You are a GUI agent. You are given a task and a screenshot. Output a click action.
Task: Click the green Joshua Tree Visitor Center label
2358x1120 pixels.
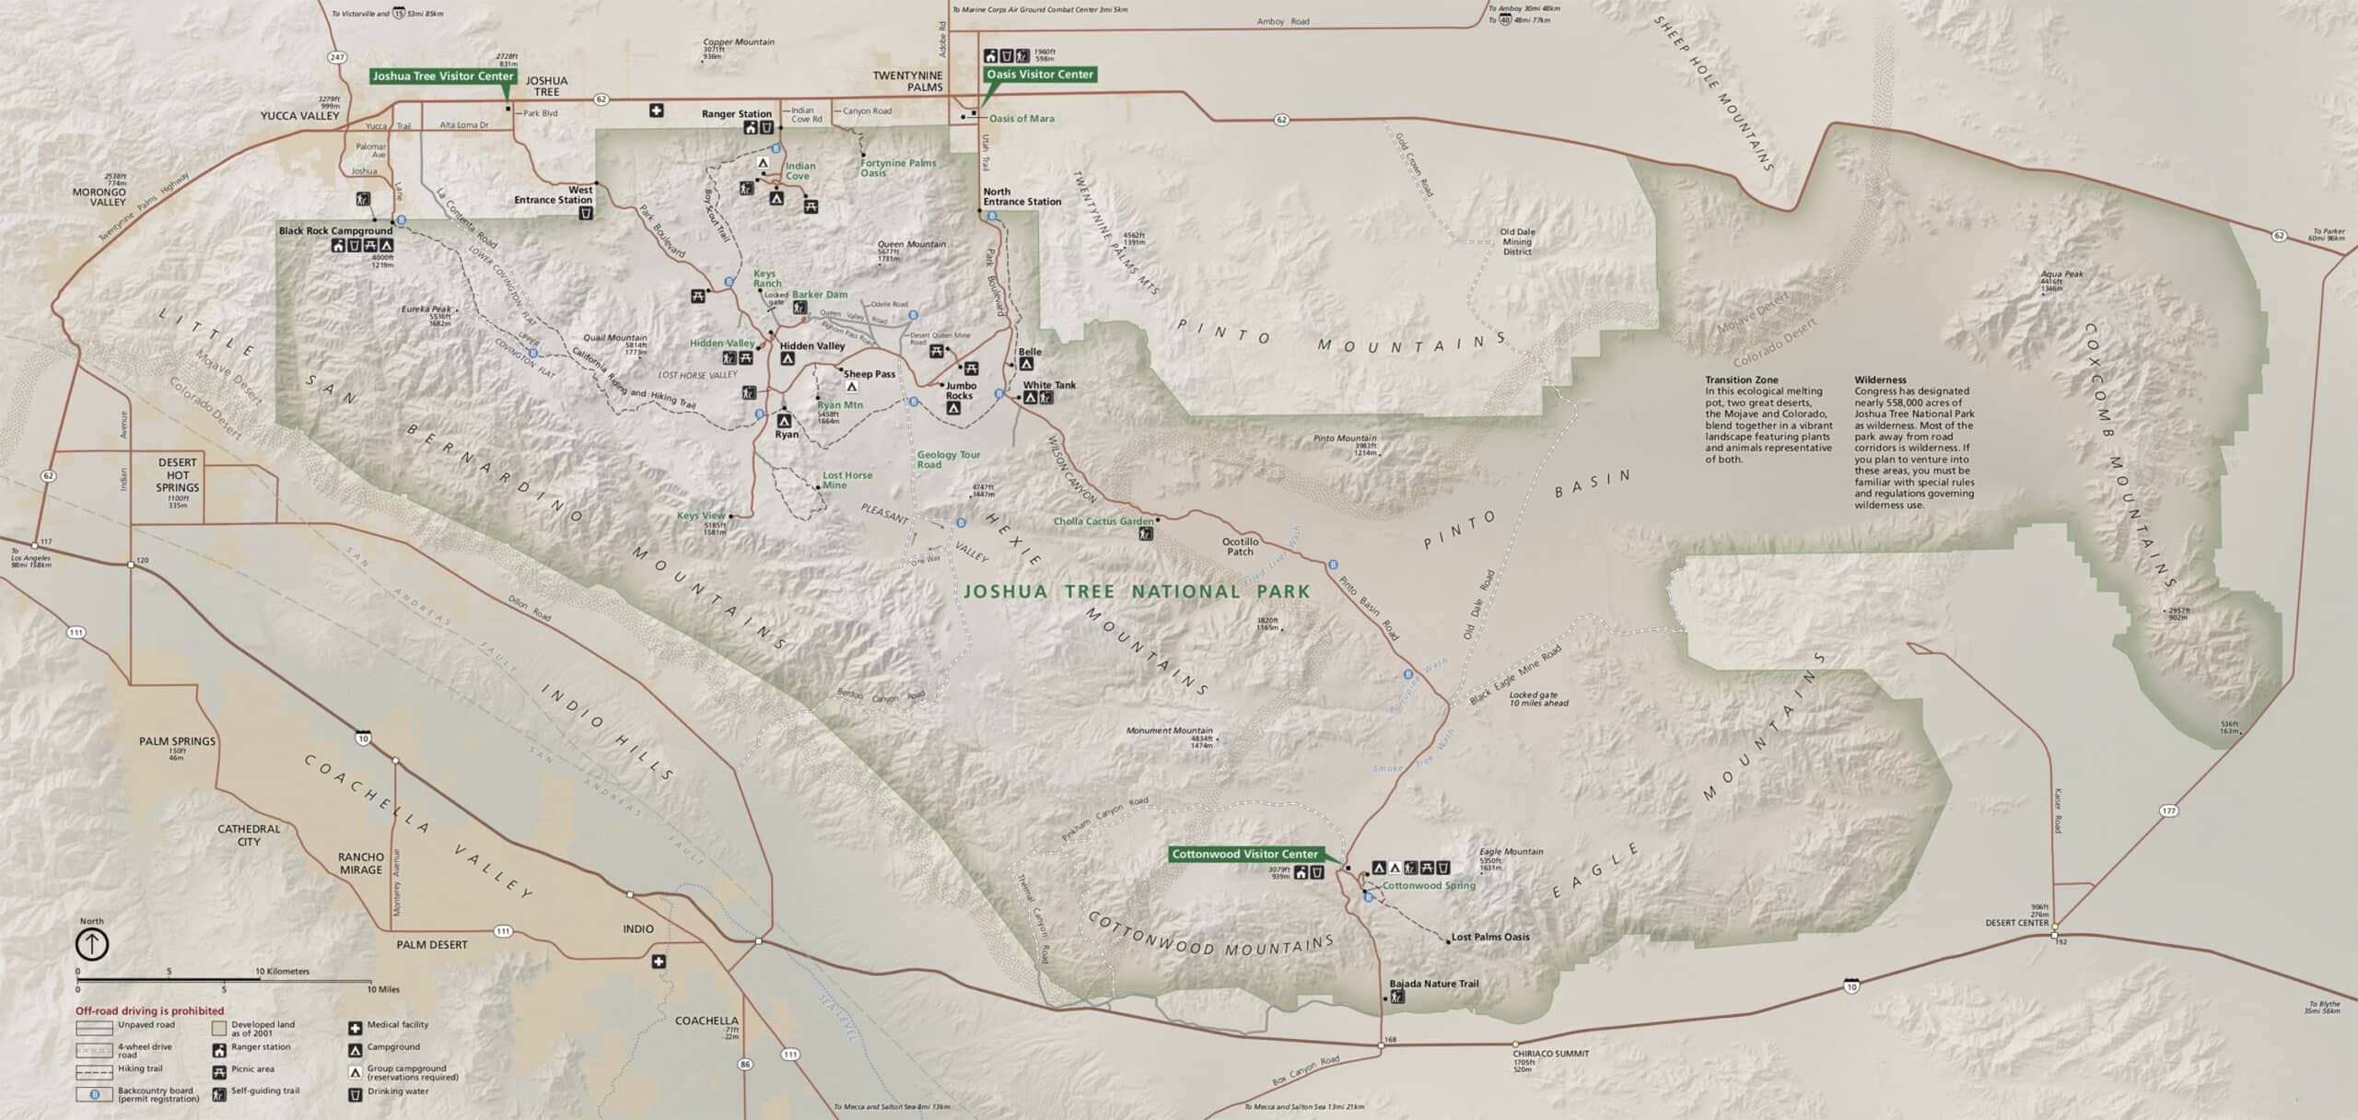pyautogui.click(x=442, y=76)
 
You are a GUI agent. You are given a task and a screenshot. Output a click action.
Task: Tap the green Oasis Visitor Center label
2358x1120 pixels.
pyautogui.click(x=1039, y=75)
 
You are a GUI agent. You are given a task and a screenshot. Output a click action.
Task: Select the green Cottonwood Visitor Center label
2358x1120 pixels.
pyautogui.click(x=1244, y=854)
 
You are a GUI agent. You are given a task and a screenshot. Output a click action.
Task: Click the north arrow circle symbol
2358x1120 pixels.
pyautogui.click(x=92, y=944)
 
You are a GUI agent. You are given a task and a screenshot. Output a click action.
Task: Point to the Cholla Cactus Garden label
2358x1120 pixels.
pyautogui.click(x=1103, y=521)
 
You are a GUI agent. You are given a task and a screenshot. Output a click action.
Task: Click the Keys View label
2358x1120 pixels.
pyautogui.click(x=701, y=516)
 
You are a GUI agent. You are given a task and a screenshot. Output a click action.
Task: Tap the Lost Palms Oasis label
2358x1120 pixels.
pyautogui.click(x=1489, y=937)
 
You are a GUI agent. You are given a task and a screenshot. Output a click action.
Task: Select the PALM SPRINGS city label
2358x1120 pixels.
pyautogui.click(x=177, y=741)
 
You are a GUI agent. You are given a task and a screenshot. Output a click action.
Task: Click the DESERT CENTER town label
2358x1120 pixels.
pyautogui.click(x=2017, y=922)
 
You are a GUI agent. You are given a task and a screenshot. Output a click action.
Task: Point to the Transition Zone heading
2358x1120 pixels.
pyautogui.click(x=1741, y=379)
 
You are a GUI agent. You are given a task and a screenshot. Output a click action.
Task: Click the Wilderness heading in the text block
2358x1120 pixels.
pyautogui.click(x=1880, y=379)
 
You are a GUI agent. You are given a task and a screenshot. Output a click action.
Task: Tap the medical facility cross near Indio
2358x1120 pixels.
pyautogui.click(x=658, y=962)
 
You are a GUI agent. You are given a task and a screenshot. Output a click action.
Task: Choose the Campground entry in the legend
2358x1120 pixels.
pyautogui.click(x=393, y=1047)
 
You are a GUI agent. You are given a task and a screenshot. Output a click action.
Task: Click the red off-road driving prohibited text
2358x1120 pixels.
pyautogui.click(x=149, y=1010)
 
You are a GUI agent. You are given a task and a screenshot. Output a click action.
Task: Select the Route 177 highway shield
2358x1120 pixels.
pyautogui.click(x=2168, y=811)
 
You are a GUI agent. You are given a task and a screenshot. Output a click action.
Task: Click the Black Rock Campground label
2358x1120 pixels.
pyautogui.click(x=335, y=230)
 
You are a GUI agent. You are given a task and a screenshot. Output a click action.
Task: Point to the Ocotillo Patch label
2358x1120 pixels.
pyautogui.click(x=1239, y=546)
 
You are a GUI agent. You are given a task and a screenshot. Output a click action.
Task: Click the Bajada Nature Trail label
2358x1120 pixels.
pyautogui.click(x=1433, y=984)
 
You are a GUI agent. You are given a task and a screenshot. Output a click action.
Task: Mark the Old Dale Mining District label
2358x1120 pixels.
pyautogui.click(x=1517, y=241)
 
